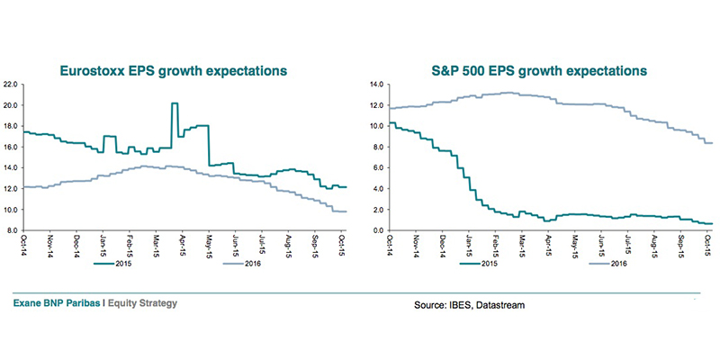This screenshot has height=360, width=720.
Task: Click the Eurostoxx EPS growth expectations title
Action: pyautogui.click(x=173, y=69)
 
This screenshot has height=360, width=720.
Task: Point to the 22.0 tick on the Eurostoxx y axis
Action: pyautogui.click(x=13, y=85)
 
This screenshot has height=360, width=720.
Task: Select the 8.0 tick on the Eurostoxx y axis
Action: pyautogui.click(x=14, y=231)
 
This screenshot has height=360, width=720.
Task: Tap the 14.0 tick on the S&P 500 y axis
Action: pyautogui.click(x=377, y=85)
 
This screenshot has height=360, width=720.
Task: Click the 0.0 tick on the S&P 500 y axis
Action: pyautogui.click(x=379, y=231)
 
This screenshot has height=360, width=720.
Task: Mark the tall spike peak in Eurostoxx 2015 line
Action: pyautogui.click(x=174, y=103)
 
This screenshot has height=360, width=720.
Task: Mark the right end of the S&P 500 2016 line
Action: pyautogui.click(x=714, y=143)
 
